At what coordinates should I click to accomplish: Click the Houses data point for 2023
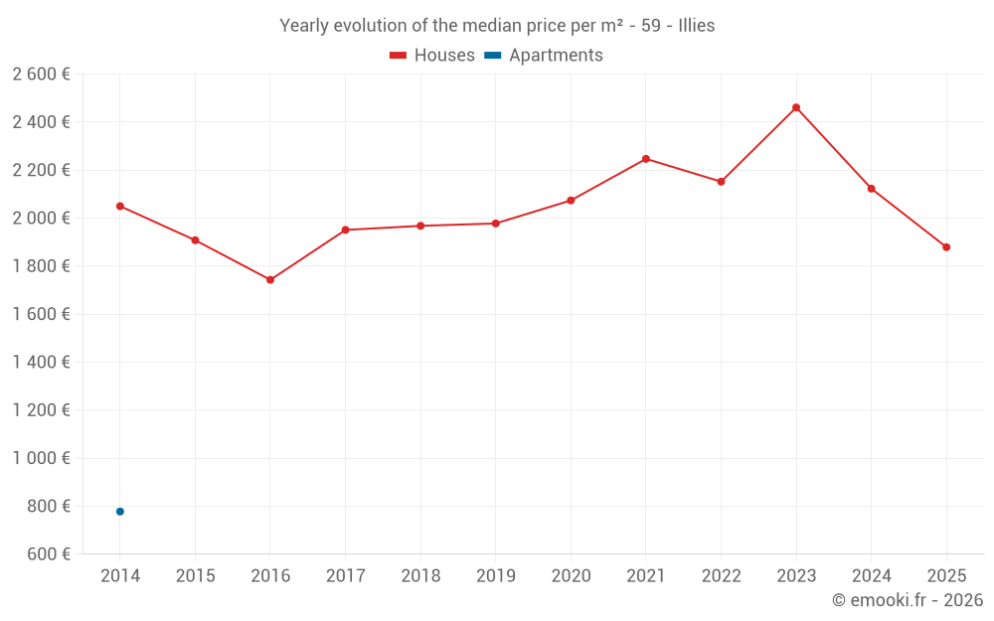tap(796, 107)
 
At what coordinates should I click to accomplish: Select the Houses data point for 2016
tap(270, 280)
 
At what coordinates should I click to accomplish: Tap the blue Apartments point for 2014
tap(120, 512)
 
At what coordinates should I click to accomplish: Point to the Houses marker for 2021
tap(646, 159)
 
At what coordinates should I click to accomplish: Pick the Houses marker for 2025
tap(946, 247)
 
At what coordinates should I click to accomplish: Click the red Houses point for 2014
tap(120, 207)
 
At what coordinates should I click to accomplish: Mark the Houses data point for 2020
tap(571, 201)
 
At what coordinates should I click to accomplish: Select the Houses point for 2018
tap(420, 226)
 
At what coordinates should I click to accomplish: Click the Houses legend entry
tap(432, 56)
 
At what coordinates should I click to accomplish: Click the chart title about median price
tap(497, 26)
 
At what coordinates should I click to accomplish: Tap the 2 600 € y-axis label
tap(41, 75)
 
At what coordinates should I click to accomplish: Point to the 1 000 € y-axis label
tap(41, 458)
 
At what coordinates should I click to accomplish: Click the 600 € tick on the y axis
tap(48, 554)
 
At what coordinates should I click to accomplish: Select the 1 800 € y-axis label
tap(41, 266)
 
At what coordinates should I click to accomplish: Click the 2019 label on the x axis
tap(496, 576)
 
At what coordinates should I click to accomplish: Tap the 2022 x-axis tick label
tap(721, 576)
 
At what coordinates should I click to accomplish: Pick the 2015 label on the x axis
tap(195, 576)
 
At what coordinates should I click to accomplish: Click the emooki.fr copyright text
tap(907, 600)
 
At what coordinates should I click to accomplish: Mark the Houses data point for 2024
tap(872, 189)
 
